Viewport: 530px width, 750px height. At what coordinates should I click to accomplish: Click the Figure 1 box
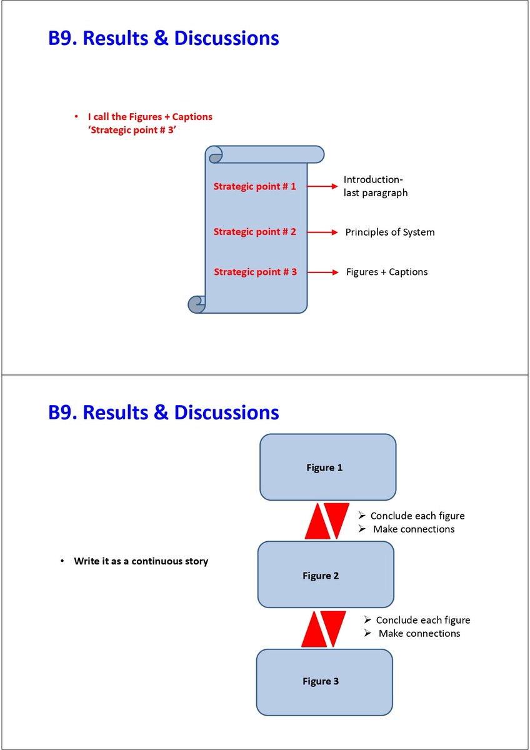point(327,467)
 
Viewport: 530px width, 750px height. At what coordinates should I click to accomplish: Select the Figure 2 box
point(326,575)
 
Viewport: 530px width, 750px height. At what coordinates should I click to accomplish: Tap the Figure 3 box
point(324,682)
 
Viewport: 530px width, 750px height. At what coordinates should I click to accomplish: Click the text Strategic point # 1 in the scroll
point(255,186)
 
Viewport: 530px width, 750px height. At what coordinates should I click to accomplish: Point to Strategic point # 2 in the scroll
point(255,232)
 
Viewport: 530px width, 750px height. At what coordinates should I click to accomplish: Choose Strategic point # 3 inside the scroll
point(255,272)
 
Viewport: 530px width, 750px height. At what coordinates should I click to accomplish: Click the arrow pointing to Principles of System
point(322,232)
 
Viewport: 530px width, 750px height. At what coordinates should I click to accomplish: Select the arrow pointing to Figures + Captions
point(322,272)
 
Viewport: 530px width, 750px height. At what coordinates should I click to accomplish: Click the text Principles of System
point(390,232)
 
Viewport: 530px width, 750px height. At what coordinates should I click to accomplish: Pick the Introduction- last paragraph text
point(376,186)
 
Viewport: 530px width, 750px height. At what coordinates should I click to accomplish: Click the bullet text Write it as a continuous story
point(141,561)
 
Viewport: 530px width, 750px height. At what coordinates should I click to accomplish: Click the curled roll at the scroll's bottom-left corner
point(197,304)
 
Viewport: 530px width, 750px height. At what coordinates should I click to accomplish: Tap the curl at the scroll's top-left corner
point(215,154)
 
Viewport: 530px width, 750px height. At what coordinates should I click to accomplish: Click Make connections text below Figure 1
point(414,529)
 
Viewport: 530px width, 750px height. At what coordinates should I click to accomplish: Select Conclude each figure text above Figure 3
point(422,620)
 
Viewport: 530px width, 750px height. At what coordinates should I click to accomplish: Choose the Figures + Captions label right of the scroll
point(387,272)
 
